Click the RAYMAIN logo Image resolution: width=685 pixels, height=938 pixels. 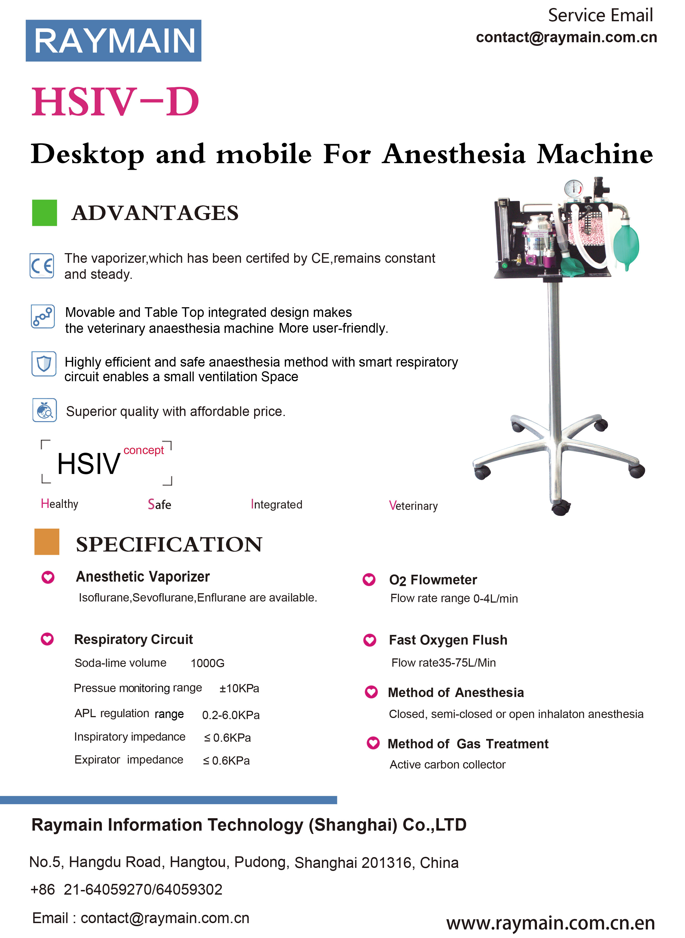point(113,41)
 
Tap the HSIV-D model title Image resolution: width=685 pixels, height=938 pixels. point(115,102)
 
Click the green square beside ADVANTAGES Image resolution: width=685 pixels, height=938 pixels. point(44,213)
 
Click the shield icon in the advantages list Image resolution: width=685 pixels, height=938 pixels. point(44,364)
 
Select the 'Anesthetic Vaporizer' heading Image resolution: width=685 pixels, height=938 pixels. point(143,576)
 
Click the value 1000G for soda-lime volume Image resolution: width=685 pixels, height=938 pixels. point(207,663)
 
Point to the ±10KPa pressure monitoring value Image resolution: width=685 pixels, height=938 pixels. point(239,688)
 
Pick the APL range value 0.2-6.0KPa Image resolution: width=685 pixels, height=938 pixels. point(231,715)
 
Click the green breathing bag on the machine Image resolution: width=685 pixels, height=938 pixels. point(626,245)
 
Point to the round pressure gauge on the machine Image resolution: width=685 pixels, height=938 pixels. point(573,189)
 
